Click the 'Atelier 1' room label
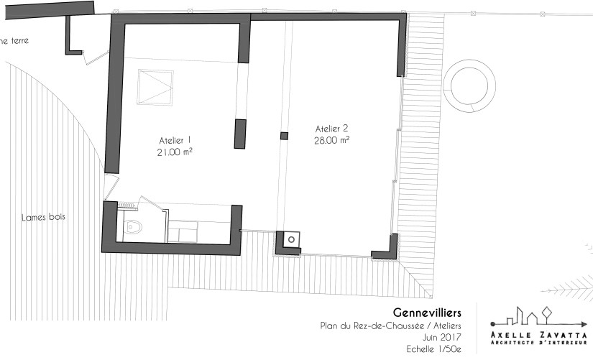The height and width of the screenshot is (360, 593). point(175,140)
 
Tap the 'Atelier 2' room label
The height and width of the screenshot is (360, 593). point(331,129)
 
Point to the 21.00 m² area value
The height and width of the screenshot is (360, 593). point(175,152)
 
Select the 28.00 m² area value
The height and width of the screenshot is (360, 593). point(331,141)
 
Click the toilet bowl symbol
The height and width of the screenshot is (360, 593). point(133,229)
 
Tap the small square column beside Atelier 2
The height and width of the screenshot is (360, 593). point(284,136)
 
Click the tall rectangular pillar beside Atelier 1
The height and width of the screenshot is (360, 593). point(240,134)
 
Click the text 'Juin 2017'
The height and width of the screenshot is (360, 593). point(439,336)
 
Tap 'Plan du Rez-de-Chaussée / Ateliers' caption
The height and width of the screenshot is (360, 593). point(390,326)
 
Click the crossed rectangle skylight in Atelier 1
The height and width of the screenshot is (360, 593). point(155,86)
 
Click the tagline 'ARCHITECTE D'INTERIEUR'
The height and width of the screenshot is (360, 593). point(538,342)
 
